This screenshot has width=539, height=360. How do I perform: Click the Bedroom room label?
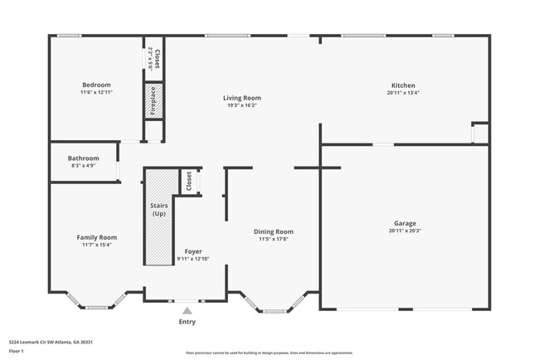(x=96, y=85)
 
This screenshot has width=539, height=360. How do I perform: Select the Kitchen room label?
(x=403, y=85)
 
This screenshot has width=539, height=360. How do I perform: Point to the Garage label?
(x=405, y=223)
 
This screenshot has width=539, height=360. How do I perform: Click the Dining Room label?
(x=274, y=231)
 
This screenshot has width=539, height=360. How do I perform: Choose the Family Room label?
(x=97, y=237)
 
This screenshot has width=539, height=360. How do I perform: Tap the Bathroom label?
(x=84, y=158)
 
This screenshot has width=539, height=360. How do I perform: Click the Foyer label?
(x=192, y=251)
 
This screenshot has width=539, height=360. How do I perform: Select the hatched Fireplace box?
(x=153, y=101)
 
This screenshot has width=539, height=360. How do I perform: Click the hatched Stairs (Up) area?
(x=158, y=216)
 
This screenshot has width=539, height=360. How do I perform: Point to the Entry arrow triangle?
(x=187, y=310)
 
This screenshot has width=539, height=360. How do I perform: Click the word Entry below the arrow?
(x=187, y=322)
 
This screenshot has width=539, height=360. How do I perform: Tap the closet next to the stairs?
(x=190, y=181)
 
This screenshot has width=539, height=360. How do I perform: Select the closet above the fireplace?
(x=153, y=60)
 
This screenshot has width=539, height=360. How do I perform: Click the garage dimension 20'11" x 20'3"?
(x=405, y=231)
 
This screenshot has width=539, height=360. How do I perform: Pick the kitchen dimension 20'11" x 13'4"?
(x=403, y=93)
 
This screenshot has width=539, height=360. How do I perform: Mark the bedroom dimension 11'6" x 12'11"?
(x=96, y=92)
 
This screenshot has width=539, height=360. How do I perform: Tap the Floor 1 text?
(x=17, y=351)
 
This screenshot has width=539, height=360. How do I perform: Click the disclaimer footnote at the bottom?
(x=269, y=352)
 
